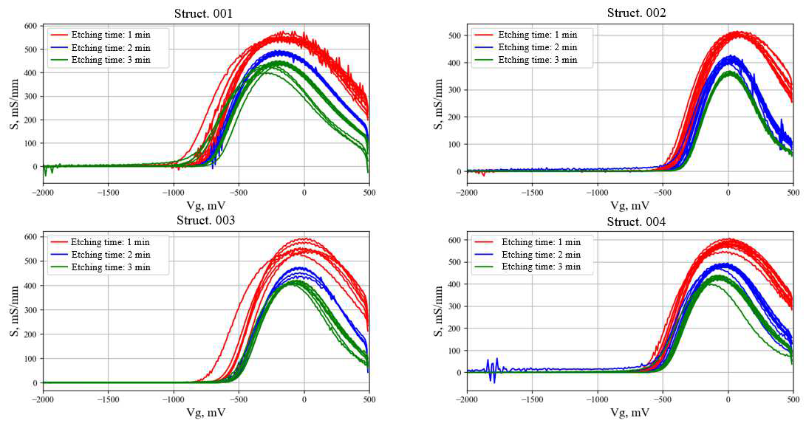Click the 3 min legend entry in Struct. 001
point(110,60)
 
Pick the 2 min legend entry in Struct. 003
point(110,255)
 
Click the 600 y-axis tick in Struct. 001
point(29,27)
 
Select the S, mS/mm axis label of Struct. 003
point(14,309)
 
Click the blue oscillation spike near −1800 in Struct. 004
point(493,369)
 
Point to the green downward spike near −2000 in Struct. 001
point(45,172)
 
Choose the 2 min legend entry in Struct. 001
point(110,47)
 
